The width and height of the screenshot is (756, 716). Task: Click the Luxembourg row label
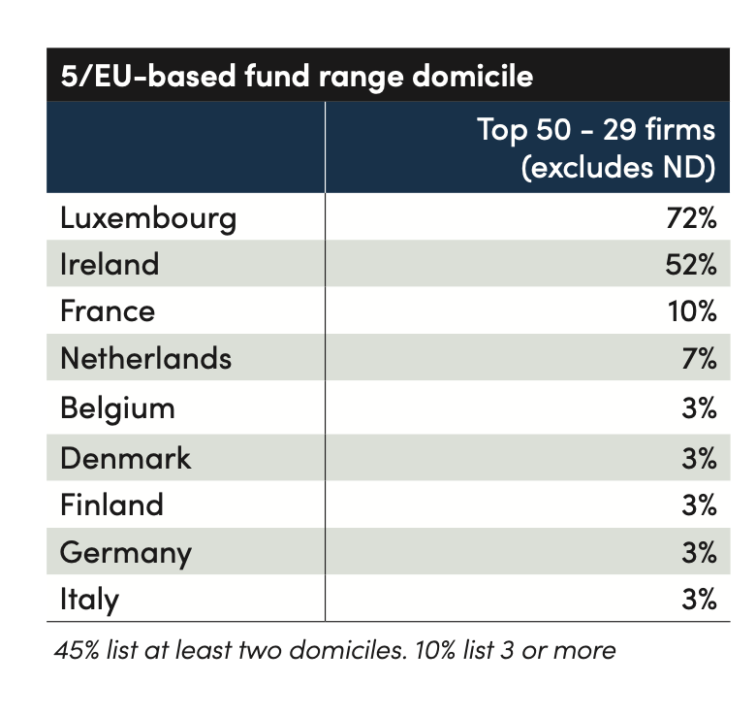coord(148,219)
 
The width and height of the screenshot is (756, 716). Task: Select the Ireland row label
coord(110,264)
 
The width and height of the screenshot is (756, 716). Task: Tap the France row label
coord(108,310)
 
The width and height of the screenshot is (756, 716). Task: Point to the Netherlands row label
coord(146,358)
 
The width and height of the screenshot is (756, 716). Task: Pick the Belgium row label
coord(117,409)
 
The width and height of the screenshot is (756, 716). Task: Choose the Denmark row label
coord(125,457)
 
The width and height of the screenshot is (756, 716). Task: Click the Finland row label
coord(111,504)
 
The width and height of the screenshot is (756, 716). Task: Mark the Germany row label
coord(126,553)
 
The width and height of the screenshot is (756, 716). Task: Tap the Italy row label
coord(90,600)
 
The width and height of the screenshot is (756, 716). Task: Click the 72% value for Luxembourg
coord(691,218)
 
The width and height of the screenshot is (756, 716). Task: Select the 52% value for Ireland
coord(691,265)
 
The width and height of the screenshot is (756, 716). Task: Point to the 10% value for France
coord(692,311)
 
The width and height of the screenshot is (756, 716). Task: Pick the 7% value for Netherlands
coord(699,358)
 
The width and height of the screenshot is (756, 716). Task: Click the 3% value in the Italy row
coord(699,600)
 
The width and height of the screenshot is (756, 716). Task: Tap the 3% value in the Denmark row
coord(699,458)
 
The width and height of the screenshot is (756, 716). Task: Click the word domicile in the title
coord(473,76)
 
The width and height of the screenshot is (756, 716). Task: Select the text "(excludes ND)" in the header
coord(618,168)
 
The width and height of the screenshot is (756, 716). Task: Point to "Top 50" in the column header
coord(524,130)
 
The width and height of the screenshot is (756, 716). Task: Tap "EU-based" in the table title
coord(165,76)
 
